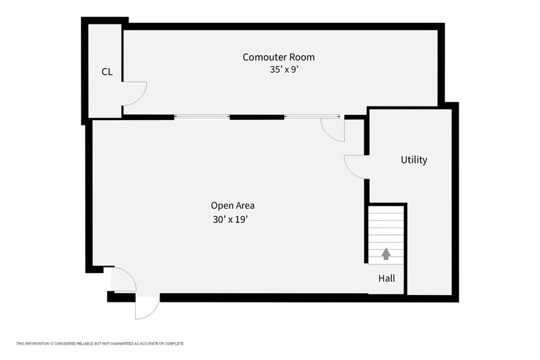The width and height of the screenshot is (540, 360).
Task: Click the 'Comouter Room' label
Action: pos(279,57)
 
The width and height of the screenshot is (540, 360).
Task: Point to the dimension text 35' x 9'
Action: pos(284,70)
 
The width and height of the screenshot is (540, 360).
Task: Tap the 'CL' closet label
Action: pos(107,72)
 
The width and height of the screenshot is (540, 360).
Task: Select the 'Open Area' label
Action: pos(233,206)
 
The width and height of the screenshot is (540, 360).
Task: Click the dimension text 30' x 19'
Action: pos(230,219)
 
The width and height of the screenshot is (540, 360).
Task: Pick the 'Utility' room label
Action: pos(414,160)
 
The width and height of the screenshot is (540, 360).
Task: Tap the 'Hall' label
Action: pos(386,278)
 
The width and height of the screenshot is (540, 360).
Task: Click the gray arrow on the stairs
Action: pos(386,253)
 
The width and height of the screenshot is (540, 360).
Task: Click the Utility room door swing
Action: pos(354,166)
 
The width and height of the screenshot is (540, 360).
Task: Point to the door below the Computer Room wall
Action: pos(333,129)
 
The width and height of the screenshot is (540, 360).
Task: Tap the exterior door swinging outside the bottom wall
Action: pos(147,307)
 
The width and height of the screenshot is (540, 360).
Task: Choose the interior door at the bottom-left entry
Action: pos(124,279)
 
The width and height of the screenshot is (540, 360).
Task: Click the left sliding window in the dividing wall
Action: pos(202,117)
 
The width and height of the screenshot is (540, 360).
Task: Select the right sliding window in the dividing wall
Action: pos(312,117)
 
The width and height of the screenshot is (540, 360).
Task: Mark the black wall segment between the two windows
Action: pos(257,117)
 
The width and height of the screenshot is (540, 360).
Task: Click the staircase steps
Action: pos(386,233)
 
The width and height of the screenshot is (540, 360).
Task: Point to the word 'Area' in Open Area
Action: pos(244,206)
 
